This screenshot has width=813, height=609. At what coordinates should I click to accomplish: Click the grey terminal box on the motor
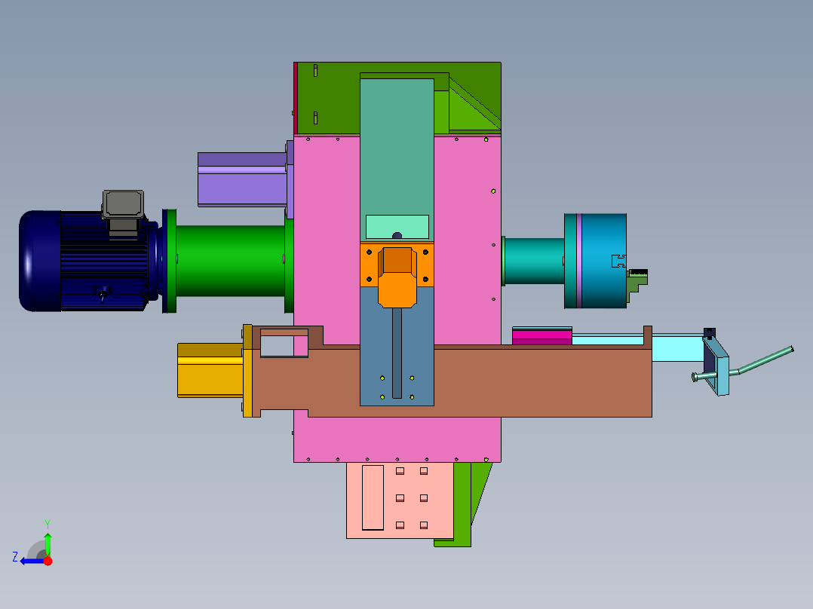click(123, 204)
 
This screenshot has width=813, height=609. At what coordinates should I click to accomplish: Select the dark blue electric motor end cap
click(39, 261)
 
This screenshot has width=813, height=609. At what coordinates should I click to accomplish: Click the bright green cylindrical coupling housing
click(230, 261)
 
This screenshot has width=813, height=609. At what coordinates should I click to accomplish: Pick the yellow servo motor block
click(210, 370)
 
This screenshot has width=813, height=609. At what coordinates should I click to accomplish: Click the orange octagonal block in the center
click(397, 277)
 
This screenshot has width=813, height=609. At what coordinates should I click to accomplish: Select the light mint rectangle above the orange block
click(397, 227)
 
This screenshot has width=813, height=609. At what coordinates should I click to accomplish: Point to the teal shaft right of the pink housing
click(534, 262)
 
